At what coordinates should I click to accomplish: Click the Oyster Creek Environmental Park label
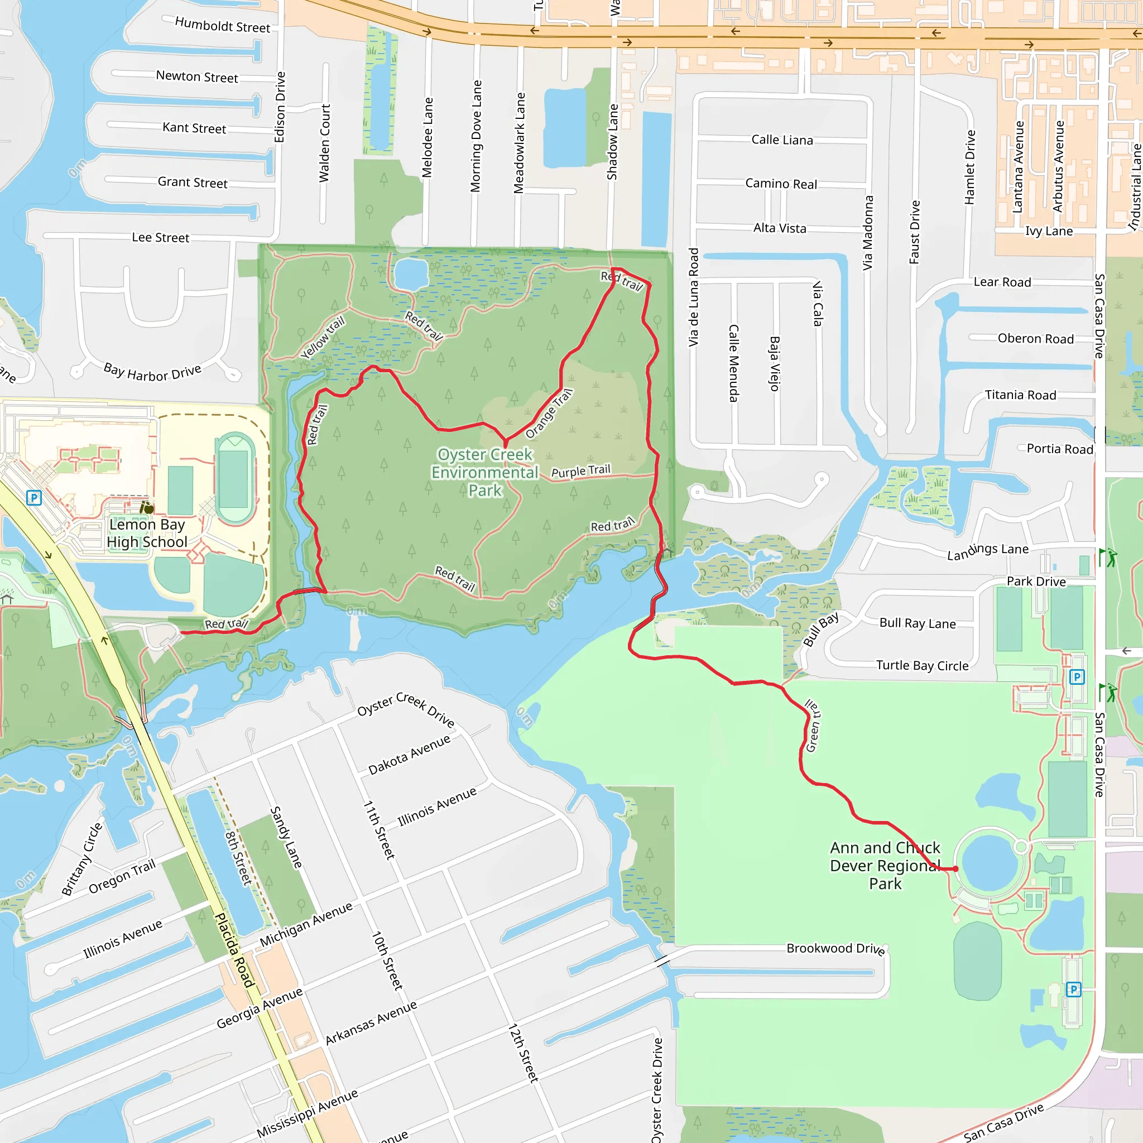(484, 472)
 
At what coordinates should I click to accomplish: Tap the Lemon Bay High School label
(147, 533)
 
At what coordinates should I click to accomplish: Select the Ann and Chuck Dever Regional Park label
(885, 866)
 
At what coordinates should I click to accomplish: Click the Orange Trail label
(549, 414)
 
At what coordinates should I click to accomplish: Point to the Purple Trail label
(580, 471)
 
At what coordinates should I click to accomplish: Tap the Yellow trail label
(323, 337)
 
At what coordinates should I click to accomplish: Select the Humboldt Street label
(223, 26)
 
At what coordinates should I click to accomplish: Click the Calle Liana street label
(781, 140)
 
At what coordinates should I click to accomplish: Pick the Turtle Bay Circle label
(922, 666)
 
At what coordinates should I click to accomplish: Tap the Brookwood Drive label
(835, 948)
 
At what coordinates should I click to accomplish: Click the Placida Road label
(234, 950)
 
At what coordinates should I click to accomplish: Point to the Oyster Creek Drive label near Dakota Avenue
(406, 709)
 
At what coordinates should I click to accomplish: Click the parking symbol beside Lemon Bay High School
(34, 497)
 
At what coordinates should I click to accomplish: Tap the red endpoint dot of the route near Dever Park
(955, 868)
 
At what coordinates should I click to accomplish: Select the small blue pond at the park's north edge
(411, 274)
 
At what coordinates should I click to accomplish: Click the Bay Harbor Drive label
(152, 373)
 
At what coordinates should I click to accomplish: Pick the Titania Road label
(1020, 395)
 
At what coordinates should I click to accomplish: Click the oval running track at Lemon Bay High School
(235, 479)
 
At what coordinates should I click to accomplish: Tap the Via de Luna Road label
(693, 297)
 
